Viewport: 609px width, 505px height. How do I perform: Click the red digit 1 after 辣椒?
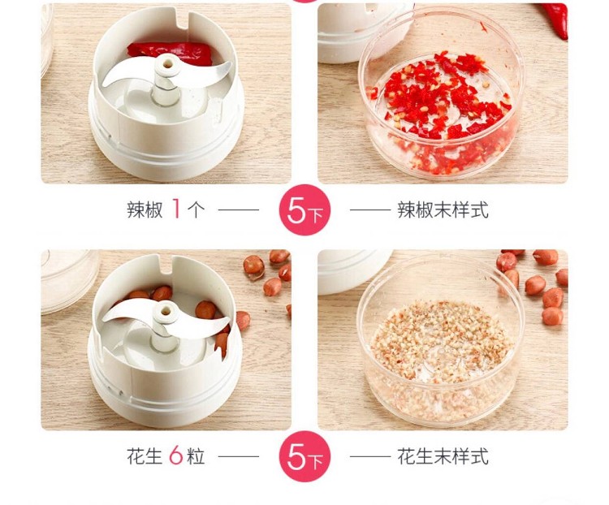click(176, 209)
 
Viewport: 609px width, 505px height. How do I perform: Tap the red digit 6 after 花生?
click(176, 455)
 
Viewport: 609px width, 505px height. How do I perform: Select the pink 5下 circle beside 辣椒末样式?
click(304, 209)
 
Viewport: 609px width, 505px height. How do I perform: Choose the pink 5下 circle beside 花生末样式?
click(304, 456)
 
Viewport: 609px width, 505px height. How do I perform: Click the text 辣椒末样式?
click(443, 209)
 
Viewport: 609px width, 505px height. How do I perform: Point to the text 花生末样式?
click(443, 456)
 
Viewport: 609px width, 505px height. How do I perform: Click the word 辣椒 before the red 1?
click(145, 209)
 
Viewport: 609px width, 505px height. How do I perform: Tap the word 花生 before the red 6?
click(144, 456)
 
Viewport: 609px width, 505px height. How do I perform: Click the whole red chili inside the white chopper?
click(171, 53)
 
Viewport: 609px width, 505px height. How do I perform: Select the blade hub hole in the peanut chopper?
click(166, 311)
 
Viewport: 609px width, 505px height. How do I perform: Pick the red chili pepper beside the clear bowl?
click(557, 19)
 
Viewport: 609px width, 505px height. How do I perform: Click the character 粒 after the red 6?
click(196, 456)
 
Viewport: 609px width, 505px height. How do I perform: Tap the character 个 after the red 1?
click(196, 209)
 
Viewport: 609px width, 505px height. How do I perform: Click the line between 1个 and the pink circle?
click(239, 209)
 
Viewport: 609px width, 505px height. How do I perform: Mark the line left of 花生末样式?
click(370, 456)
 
